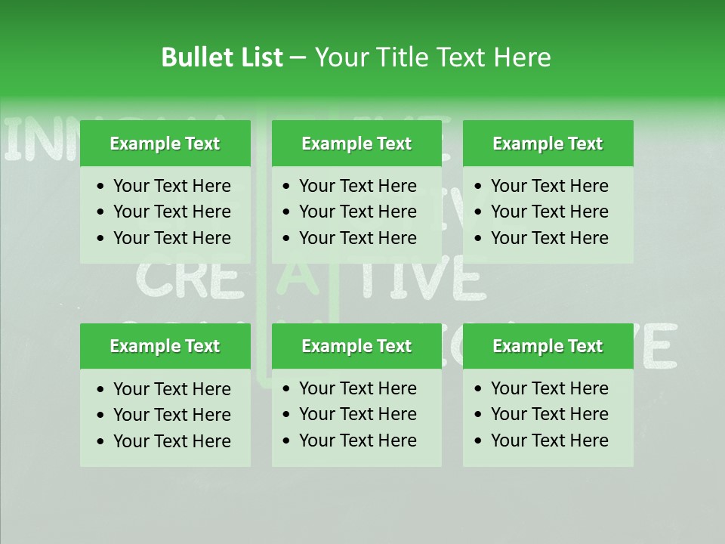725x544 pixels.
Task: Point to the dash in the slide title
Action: pyautogui.click(x=298, y=58)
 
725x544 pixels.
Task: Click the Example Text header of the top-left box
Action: pyautogui.click(x=165, y=144)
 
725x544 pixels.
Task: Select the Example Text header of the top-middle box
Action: pyautogui.click(x=356, y=144)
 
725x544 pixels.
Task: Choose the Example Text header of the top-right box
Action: pyautogui.click(x=548, y=144)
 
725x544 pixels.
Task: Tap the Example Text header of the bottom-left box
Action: pyautogui.click(x=165, y=346)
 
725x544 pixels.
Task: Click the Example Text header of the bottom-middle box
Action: pyautogui.click(x=356, y=346)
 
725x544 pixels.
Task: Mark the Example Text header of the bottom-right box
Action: pyautogui.click(x=548, y=346)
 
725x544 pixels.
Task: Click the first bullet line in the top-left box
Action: pyautogui.click(x=171, y=186)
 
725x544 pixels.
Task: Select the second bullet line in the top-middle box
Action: pyautogui.click(x=357, y=212)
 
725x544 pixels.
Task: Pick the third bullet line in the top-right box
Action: pyautogui.click(x=549, y=238)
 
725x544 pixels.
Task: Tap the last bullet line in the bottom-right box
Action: pyautogui.click(x=549, y=440)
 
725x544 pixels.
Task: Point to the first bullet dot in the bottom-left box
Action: pyautogui.click(x=100, y=390)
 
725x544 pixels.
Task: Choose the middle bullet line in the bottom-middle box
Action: pyautogui.click(x=357, y=414)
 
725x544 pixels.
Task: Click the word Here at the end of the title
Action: pyautogui.click(x=522, y=57)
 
